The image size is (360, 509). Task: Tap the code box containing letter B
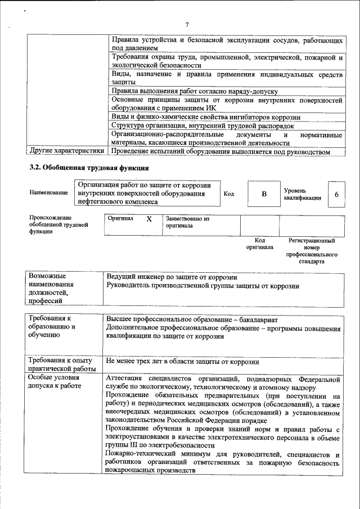click(x=263, y=194)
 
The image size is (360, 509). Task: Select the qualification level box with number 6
click(x=336, y=194)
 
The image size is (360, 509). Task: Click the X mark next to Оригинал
click(x=149, y=220)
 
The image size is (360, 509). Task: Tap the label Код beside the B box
click(x=229, y=194)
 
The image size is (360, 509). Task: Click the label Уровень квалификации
click(x=303, y=194)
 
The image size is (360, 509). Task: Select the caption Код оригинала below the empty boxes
click(x=260, y=244)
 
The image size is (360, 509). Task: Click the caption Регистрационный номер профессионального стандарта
click(x=311, y=251)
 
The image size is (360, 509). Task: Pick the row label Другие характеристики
click(x=67, y=151)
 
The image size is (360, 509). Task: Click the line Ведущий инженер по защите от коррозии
click(x=172, y=277)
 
